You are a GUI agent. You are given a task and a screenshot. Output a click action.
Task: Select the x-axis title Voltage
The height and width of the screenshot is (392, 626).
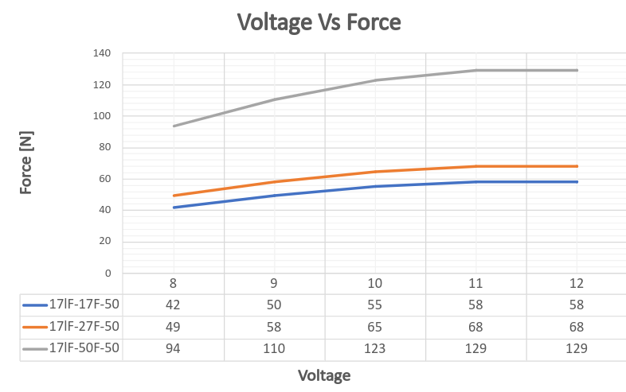[324, 375]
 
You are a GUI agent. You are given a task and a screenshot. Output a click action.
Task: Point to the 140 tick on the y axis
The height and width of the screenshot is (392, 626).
[104, 53]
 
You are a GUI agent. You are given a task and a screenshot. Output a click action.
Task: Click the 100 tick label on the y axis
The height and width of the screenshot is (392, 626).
[104, 116]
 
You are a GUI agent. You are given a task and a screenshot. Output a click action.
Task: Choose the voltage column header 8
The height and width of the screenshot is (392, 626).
[174, 283]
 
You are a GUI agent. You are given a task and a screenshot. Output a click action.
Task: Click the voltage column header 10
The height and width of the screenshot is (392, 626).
[375, 283]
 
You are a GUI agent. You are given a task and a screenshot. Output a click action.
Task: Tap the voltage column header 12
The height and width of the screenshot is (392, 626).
[577, 283]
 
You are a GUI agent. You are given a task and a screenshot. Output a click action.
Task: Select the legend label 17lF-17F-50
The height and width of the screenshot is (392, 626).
[84, 305]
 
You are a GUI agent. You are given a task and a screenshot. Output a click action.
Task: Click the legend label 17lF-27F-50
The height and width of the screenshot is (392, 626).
[84, 326]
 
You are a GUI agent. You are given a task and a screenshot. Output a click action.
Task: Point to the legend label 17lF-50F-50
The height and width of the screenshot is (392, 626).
[84, 348]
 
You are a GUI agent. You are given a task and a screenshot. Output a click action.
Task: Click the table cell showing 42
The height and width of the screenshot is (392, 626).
[174, 305]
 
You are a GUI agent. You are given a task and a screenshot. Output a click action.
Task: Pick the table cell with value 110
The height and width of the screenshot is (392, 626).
[274, 348]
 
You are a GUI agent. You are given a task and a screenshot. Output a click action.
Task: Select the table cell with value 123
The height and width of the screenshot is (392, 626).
[375, 348]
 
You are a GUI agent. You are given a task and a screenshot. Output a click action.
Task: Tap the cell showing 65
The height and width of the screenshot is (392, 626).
[375, 326]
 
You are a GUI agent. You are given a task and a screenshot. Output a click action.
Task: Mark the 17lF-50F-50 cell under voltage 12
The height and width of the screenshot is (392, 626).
[577, 348]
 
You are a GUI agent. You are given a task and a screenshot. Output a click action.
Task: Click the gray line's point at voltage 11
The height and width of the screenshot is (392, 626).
[476, 71]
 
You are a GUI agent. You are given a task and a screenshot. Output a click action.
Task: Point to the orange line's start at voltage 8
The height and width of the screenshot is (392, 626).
[174, 196]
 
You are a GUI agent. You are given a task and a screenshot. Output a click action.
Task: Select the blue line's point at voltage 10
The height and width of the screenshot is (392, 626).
[375, 187]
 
